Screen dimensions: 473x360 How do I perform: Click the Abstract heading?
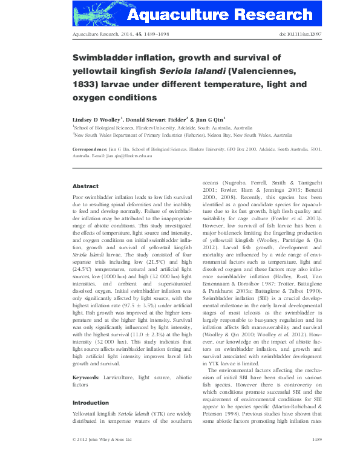[85, 186]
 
